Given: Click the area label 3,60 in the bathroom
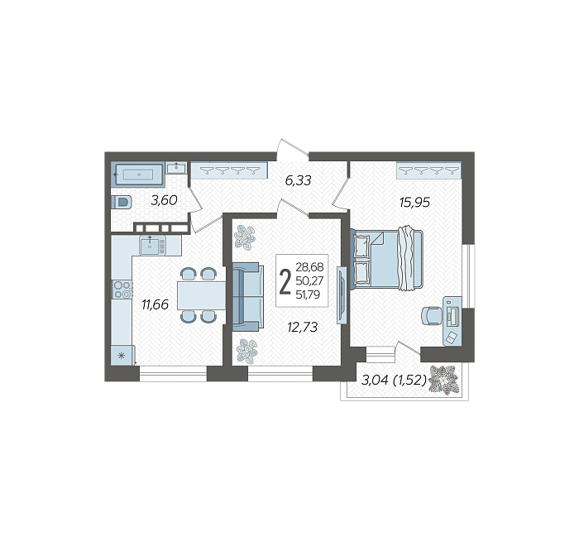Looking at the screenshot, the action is point(164,200).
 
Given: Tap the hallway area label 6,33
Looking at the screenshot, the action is point(299,180).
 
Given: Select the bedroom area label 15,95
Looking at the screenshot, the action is point(414,203).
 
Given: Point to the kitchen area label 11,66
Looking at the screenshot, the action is point(156,304).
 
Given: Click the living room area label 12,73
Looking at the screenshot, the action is point(303,328).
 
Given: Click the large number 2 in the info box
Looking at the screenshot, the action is point(285,282).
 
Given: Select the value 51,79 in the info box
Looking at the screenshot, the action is point(308,294).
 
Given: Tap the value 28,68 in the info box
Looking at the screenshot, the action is point(309,266).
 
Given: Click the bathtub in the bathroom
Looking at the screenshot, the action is point(138,175).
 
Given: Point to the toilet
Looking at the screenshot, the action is point(122,203).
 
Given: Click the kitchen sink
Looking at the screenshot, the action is point(152,246).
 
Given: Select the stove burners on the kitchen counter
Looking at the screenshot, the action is point(123,290).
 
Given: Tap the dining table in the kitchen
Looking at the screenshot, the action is point(201,295).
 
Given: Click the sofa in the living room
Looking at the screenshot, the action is point(248,296).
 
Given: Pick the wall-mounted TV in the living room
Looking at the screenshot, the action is point(342,295).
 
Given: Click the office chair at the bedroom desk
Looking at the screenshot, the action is point(432,316).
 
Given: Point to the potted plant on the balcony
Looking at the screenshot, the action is point(445,381).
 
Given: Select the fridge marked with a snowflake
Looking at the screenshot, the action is point(122,356).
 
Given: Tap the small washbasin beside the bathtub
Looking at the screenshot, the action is point(176,168).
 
